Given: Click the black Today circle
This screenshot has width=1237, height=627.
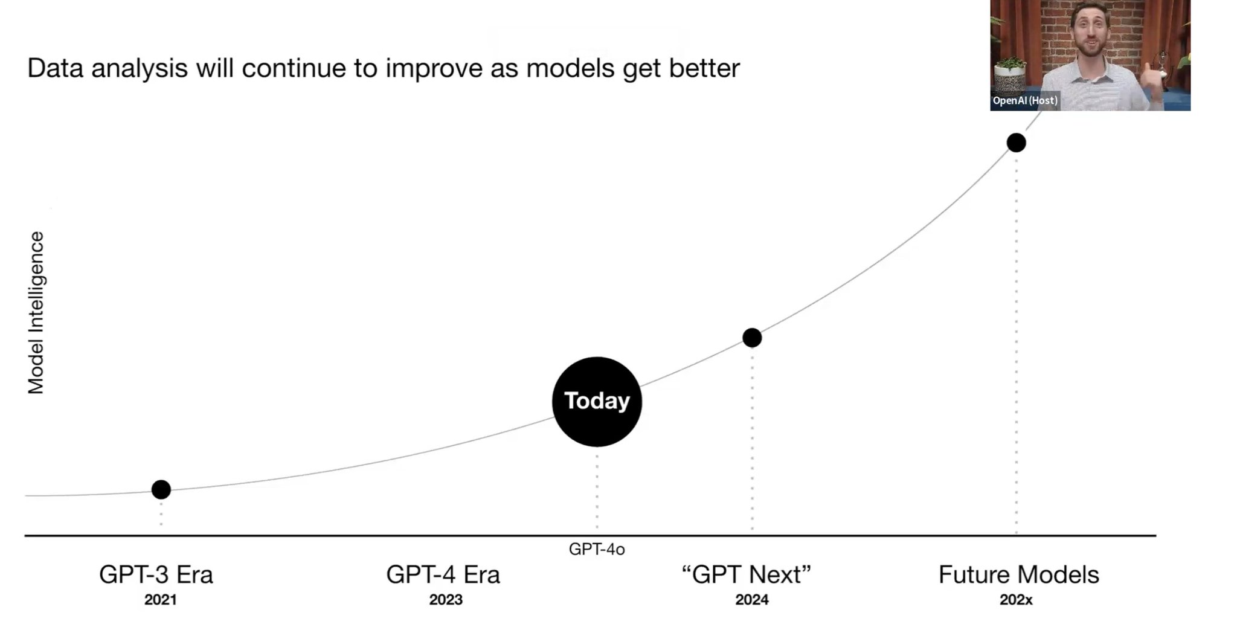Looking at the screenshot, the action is [597, 402].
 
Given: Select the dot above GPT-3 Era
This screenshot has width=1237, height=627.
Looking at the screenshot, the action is [161, 489].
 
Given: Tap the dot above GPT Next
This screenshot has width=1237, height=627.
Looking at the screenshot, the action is [752, 338].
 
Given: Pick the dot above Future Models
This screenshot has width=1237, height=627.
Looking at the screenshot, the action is [1016, 143].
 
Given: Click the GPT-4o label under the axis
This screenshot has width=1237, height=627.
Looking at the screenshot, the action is [597, 550].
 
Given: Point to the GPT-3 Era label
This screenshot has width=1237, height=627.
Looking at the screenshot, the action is [156, 574].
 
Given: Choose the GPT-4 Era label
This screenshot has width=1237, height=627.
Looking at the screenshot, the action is [443, 574].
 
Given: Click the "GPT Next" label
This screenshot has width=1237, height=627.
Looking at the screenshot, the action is [746, 574].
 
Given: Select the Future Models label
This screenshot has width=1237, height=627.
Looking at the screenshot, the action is [1018, 574].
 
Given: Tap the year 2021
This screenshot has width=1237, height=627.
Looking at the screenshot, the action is [161, 600].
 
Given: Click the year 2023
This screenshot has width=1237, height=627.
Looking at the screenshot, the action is [446, 600].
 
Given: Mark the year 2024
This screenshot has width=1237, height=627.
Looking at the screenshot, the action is [752, 600].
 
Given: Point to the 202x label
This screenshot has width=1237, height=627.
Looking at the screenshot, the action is [1016, 600].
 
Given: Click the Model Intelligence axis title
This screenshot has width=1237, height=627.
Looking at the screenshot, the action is [36, 313].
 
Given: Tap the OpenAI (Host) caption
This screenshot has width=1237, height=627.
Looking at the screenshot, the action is [1025, 101].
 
